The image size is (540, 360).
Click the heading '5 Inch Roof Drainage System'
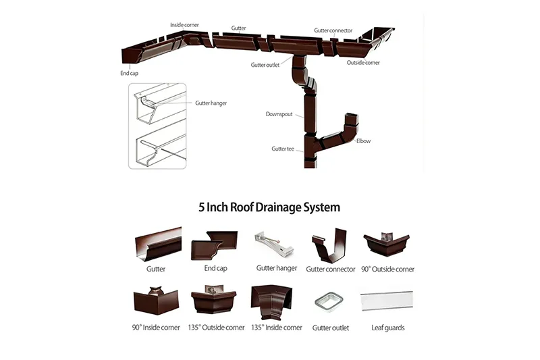coord(269,207)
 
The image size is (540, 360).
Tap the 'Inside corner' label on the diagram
coord(184,25)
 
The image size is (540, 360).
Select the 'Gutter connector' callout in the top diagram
coord(333,30)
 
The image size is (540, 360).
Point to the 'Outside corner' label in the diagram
coord(363,63)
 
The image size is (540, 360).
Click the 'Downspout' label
coord(279,114)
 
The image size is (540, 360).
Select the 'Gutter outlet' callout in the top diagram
coord(265,65)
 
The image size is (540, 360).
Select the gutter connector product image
coord(330,244)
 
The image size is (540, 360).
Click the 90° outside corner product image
coord(386,244)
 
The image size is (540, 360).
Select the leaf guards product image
coord(387,301)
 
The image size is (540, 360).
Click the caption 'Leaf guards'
coord(388,328)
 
